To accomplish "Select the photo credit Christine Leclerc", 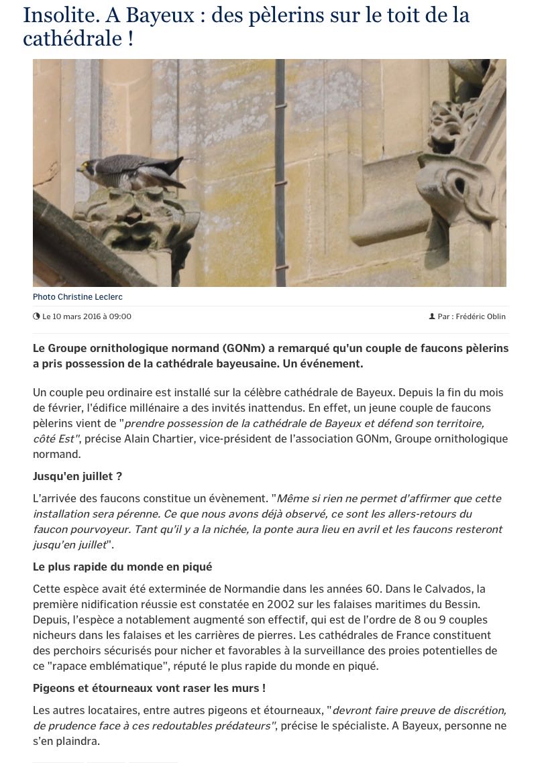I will (78, 297).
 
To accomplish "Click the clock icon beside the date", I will (36, 316).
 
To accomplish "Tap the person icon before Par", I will (432, 316).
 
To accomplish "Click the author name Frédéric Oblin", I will (480, 316).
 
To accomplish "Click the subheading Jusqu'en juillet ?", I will (78, 476).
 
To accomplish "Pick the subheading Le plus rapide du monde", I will (122, 567).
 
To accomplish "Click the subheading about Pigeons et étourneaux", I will (149, 688).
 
